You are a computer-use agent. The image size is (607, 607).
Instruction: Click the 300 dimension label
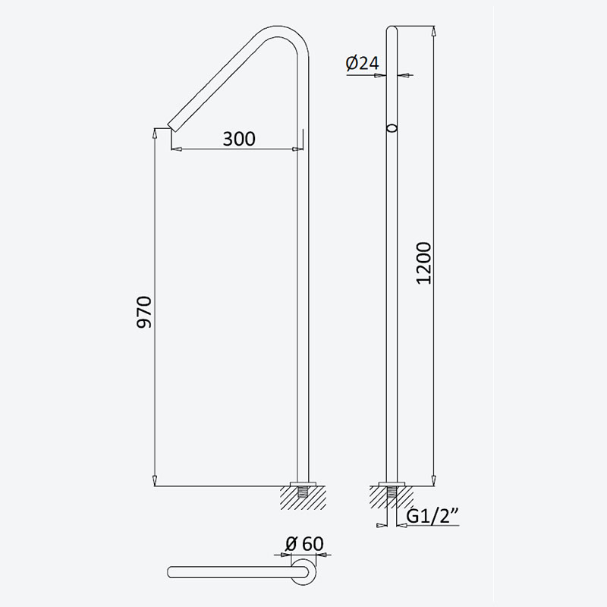click(x=239, y=139)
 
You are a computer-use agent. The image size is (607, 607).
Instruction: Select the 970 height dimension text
click(x=144, y=312)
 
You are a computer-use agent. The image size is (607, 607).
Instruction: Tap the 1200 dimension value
click(x=423, y=263)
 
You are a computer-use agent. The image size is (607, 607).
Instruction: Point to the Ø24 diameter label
click(x=363, y=63)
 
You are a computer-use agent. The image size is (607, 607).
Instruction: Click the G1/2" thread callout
click(x=432, y=516)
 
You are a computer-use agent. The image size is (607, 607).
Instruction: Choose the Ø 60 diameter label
click(x=304, y=543)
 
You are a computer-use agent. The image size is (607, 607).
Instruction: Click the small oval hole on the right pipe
click(x=392, y=128)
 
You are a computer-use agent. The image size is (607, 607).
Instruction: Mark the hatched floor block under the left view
click(x=303, y=498)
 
